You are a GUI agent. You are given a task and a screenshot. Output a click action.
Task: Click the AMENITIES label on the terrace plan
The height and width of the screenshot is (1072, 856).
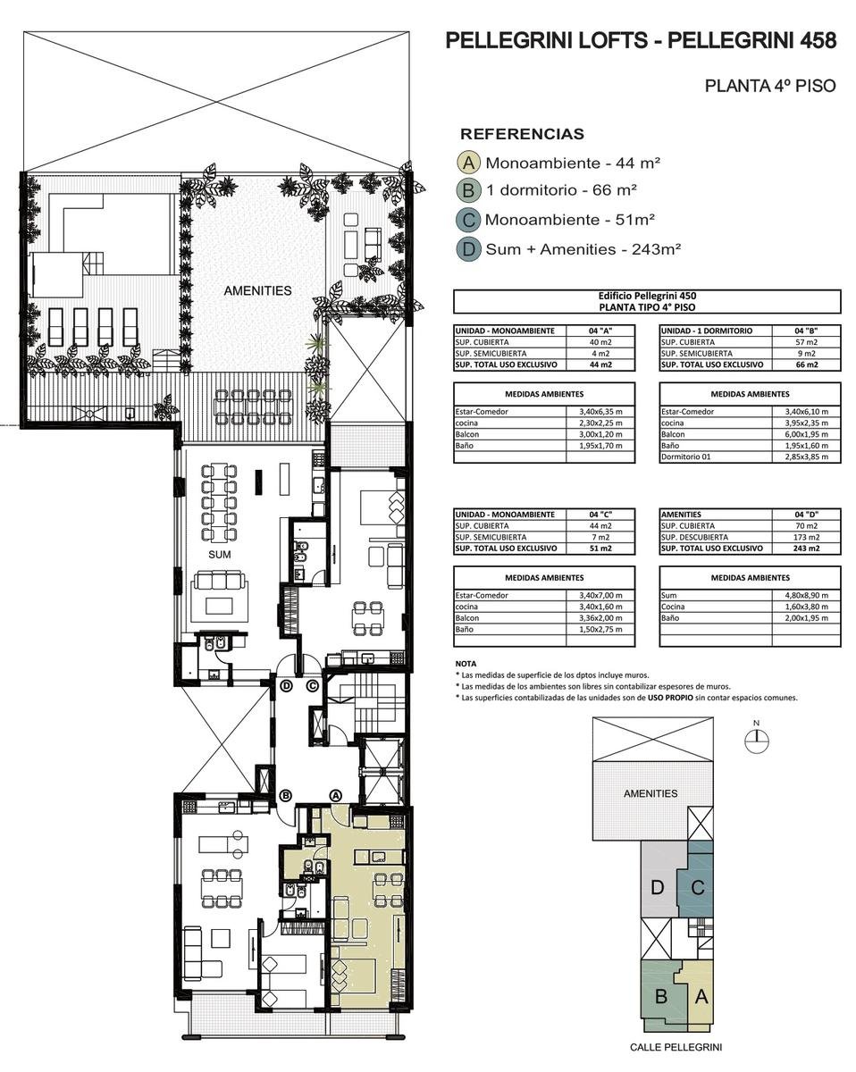click(x=257, y=290)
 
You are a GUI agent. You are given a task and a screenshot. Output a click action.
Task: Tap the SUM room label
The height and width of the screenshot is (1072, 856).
click(x=219, y=555)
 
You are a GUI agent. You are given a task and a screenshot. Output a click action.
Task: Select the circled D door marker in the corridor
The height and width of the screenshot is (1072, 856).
click(x=286, y=686)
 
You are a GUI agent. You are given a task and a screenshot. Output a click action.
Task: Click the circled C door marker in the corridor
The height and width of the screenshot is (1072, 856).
click(x=312, y=686)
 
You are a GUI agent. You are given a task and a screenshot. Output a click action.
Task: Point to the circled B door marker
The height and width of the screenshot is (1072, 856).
click(x=286, y=796)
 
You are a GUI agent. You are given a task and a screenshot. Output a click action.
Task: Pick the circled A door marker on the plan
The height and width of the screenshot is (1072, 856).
click(x=336, y=796)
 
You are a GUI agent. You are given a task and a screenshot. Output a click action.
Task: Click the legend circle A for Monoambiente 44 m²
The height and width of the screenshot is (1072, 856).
click(x=468, y=163)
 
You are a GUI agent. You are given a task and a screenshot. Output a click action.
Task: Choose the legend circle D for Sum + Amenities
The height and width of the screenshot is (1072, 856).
click(x=468, y=248)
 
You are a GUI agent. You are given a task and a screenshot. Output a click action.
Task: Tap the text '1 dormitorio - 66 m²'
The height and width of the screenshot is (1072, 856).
click(x=561, y=189)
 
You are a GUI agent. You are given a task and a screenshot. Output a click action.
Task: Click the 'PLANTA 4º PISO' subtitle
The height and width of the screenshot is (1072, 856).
click(x=770, y=86)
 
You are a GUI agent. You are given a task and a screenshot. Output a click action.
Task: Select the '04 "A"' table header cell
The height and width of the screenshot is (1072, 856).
click(x=600, y=331)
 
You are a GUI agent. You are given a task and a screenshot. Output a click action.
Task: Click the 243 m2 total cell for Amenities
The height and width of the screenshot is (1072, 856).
click(x=806, y=549)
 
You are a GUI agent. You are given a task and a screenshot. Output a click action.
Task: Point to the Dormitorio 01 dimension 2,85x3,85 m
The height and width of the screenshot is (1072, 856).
click(x=806, y=456)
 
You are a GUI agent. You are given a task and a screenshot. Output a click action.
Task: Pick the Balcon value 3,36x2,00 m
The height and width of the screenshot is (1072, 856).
click(x=600, y=618)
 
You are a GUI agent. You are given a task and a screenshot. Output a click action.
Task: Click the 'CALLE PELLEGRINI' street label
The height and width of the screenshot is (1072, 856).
click(x=676, y=1047)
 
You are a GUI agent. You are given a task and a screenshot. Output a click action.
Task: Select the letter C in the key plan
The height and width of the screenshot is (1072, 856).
click(x=698, y=888)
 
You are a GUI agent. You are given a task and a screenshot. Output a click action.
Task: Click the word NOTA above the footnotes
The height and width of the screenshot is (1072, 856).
click(x=466, y=664)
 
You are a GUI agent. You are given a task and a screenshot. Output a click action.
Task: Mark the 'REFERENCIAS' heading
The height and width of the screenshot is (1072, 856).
click(x=522, y=133)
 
